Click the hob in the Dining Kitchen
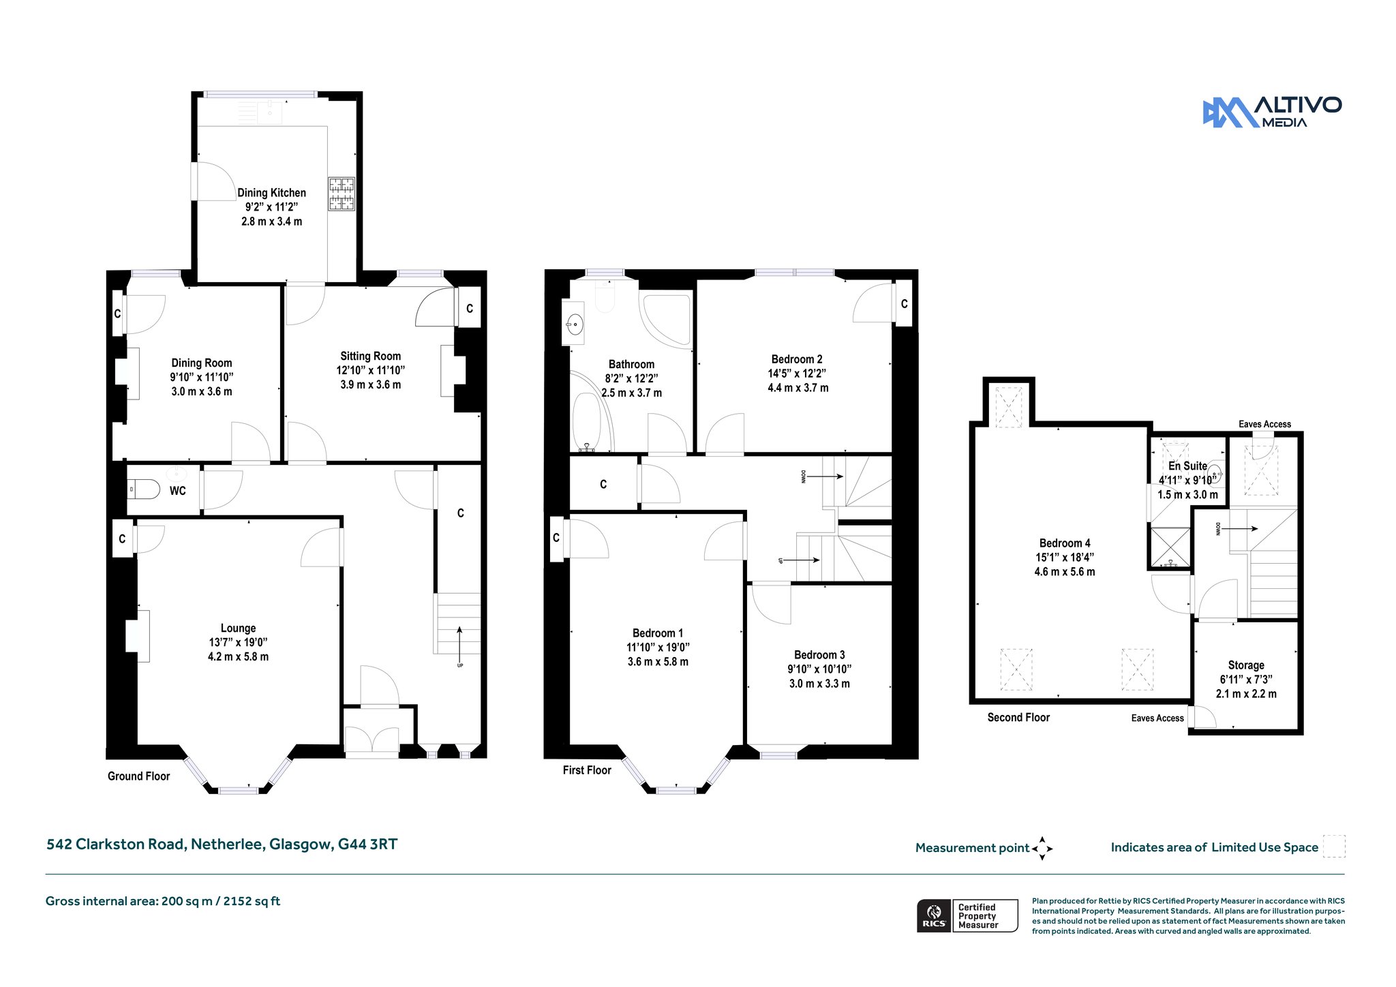pos(342,194)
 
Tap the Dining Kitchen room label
pos(271,193)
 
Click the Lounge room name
pos(238,628)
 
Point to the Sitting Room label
pos(370,356)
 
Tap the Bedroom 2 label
pos(797,359)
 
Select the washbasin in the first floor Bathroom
pos(575,324)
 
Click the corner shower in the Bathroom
pos(665,318)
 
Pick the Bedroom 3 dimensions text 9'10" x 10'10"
pos(819,669)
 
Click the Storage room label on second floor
pos(1246,665)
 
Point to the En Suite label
pos(1187,466)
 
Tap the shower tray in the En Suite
pos(1170,547)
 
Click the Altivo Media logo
pos(1272,112)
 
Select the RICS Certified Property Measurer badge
pos(967,915)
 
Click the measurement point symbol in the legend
pos(1042,849)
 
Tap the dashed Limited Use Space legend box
pos(1334,846)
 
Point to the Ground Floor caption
pos(138,776)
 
